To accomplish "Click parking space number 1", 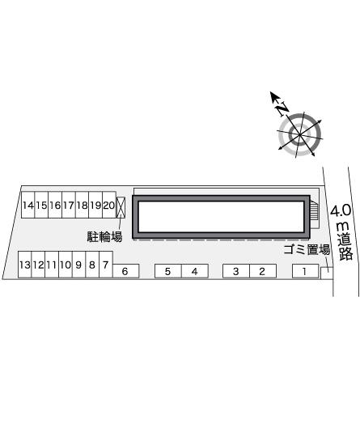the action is click(x=306, y=271).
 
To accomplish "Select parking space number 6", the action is click(x=125, y=271).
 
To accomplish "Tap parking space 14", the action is click(x=28, y=205).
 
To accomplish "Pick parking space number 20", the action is click(x=109, y=205).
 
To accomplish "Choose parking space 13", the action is click(x=25, y=264).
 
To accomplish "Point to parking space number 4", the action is click(x=195, y=271).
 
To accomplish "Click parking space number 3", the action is click(x=236, y=271).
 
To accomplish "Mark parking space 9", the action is click(x=79, y=264).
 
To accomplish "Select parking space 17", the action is click(x=69, y=205).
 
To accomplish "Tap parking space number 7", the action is click(x=106, y=264).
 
